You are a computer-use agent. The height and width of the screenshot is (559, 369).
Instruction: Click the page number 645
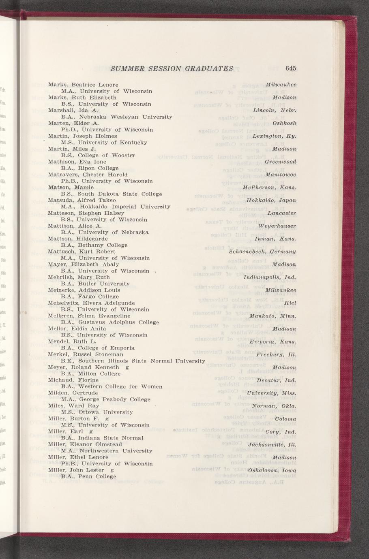pos(291,68)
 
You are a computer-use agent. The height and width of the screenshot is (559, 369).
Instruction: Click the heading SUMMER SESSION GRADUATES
pos(172,68)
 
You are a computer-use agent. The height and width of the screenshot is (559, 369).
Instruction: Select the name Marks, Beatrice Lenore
pos(83,85)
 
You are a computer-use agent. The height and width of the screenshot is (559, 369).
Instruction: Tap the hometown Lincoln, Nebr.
pos(275,110)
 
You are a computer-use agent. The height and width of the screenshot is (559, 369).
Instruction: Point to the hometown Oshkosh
pos(284,123)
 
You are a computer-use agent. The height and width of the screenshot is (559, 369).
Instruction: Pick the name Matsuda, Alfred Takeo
pos(82,200)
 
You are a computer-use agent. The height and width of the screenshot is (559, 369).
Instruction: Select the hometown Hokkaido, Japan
pos(271,201)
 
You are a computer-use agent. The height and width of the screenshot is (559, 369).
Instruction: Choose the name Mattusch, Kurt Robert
pos(82,252)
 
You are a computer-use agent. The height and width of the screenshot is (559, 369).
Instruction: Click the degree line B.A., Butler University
pos(95,284)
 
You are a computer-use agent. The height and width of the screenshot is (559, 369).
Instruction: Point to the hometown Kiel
pos(290,303)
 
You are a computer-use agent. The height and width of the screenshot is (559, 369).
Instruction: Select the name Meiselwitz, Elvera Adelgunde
pos(91,303)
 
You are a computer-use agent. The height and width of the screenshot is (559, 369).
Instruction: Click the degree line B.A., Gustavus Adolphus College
pos(109,322)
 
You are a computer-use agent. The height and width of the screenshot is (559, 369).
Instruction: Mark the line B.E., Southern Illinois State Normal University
pos(132,361)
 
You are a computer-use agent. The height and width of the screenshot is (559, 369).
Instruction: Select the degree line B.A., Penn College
pos(88,477)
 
